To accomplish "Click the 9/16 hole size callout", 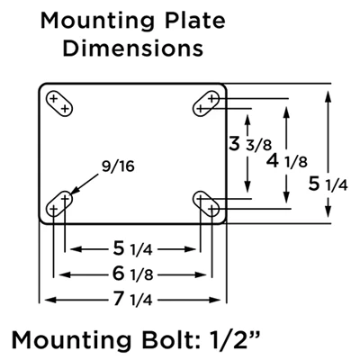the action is [118, 166].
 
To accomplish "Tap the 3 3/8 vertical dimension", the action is [249, 144].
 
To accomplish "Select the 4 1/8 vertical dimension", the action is [287, 161].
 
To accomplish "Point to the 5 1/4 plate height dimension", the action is [328, 184].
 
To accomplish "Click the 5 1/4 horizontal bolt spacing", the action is [133, 249].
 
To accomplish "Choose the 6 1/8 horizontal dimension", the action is [133, 274].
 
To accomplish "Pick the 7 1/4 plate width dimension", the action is [133, 300].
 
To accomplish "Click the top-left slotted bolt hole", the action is [59, 103].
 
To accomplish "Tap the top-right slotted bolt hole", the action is [206, 103].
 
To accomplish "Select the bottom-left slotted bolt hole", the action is [59, 203].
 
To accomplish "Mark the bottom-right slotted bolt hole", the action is [206, 203].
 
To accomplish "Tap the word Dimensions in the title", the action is [133, 48].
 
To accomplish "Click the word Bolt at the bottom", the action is [161, 340].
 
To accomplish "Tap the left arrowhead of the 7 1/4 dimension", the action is [49, 300].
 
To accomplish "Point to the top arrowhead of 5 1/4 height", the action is [328, 96].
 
